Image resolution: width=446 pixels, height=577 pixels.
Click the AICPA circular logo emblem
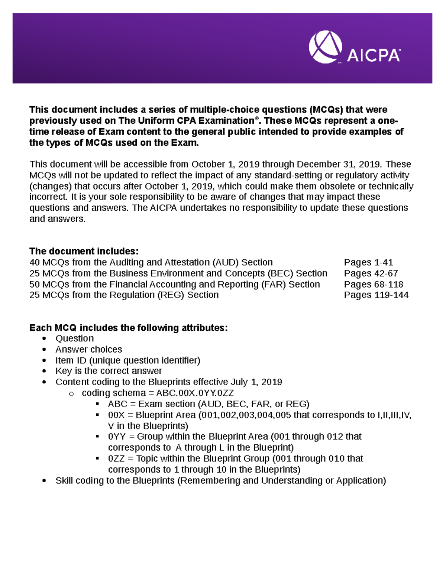point(325,47)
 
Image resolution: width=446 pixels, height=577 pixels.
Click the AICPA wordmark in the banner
point(373,56)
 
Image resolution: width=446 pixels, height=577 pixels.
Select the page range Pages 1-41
point(368,262)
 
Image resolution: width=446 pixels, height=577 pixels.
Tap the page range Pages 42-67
point(371,273)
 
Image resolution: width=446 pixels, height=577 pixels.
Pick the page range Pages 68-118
point(373,284)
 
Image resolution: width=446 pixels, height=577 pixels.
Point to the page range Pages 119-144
point(376,295)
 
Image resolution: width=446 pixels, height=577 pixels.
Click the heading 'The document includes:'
point(84,251)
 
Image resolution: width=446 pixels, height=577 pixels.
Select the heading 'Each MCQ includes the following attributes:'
point(128,328)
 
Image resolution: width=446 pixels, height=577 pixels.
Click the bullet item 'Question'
point(74,338)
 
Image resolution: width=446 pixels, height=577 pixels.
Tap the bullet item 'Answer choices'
point(88,349)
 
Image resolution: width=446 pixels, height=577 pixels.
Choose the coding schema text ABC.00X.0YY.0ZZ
point(195,393)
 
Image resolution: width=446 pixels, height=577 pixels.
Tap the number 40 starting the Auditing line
point(35,262)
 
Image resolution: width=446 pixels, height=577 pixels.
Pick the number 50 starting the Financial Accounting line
point(35,284)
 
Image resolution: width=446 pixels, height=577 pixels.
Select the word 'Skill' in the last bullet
point(64,480)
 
